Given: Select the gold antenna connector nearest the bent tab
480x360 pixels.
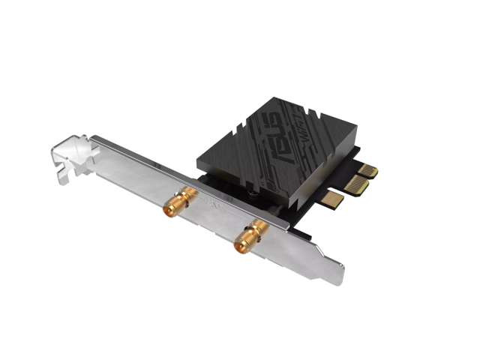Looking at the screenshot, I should [x=181, y=202].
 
